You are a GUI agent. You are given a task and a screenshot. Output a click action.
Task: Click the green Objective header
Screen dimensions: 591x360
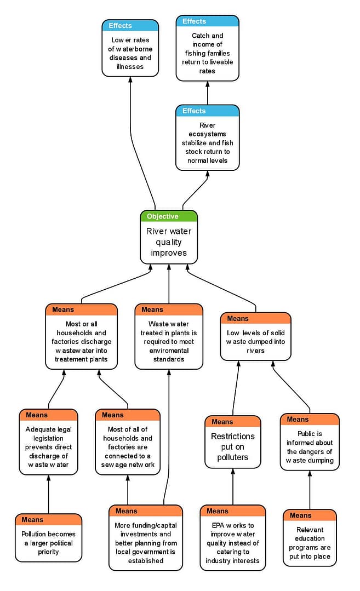click(x=168, y=216)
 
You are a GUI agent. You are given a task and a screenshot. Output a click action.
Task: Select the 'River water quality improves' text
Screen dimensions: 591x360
click(x=168, y=242)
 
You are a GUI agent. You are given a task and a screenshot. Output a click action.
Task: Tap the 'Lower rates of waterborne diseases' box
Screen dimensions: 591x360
click(x=130, y=53)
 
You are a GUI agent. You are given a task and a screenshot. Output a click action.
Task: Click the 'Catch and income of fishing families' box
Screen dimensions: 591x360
click(x=207, y=53)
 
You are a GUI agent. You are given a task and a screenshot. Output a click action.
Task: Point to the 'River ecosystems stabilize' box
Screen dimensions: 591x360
click(x=207, y=142)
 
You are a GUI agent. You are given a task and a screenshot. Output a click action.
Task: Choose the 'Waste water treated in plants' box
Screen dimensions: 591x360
click(x=168, y=341)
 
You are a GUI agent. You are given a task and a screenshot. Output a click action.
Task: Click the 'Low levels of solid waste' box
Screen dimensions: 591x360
click(x=255, y=341)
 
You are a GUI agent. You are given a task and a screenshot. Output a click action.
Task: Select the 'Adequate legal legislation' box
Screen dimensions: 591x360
click(x=48, y=447)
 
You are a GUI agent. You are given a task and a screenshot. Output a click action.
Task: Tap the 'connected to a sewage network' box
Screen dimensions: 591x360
click(x=127, y=447)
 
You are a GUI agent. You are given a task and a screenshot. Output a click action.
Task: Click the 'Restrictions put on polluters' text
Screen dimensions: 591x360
click(x=233, y=447)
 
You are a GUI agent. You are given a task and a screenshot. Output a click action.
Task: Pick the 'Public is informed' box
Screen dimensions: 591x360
click(x=310, y=447)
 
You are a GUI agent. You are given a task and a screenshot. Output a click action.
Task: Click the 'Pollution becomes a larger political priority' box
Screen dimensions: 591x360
click(x=48, y=543)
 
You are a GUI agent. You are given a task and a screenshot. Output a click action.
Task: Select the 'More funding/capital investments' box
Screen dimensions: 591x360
click(x=146, y=543)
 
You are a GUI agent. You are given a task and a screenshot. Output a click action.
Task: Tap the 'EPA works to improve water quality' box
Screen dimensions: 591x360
click(x=233, y=543)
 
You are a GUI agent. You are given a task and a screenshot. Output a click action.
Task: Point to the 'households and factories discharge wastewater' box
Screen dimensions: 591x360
click(x=81, y=341)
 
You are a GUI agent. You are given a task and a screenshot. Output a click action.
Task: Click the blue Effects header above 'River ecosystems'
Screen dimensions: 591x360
click(x=207, y=111)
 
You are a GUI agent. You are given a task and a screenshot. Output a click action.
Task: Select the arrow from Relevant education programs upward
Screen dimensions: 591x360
click(x=310, y=490)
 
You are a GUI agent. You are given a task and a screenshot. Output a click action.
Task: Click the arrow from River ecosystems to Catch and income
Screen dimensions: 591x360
click(x=207, y=93)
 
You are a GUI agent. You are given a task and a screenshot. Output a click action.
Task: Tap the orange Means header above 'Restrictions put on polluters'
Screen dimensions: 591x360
click(x=233, y=422)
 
